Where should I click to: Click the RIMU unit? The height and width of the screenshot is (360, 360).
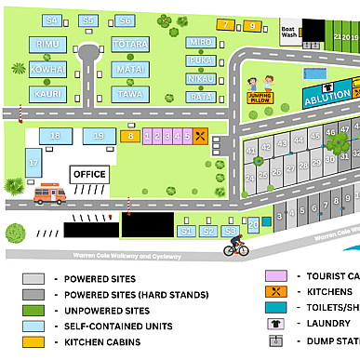[47, 45]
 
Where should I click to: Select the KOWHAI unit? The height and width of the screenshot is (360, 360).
[47, 69]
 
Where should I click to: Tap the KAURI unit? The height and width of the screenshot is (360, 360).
[47, 93]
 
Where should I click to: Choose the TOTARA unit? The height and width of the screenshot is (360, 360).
[129, 45]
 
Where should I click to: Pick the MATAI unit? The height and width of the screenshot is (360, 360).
[129, 69]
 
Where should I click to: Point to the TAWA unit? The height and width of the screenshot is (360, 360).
[129, 93]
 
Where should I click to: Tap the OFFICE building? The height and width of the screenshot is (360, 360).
[89, 174]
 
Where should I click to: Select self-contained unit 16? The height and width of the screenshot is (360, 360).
[55, 136]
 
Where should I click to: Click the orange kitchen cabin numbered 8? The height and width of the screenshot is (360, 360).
[130, 137]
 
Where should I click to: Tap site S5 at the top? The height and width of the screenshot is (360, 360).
[88, 20]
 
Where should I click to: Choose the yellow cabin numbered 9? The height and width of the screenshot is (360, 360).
[253, 26]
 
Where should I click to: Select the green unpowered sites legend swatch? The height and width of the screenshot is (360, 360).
[34, 310]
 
